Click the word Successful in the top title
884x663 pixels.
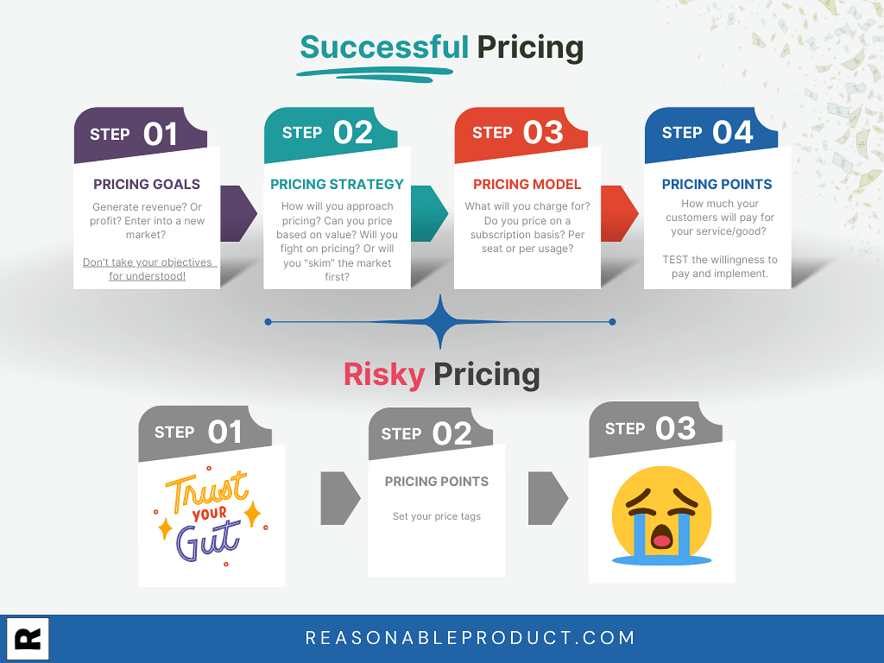pyautogui.click(x=384, y=47)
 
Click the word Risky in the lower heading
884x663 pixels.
pyautogui.click(x=384, y=375)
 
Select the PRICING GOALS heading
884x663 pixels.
pyautogui.click(x=147, y=185)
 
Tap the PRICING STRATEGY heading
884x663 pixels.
pyautogui.click(x=338, y=185)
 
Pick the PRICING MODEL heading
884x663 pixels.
pyautogui.click(x=527, y=185)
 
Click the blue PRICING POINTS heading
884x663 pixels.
pyautogui.click(x=717, y=185)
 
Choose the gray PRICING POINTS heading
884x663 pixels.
pyautogui.click(x=436, y=482)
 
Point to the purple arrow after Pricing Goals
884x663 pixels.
pyautogui.click(x=239, y=214)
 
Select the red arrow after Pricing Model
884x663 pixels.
pyautogui.click(x=620, y=214)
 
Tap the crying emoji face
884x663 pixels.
pyautogui.click(x=662, y=515)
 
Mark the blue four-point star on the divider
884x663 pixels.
pyautogui.click(x=440, y=322)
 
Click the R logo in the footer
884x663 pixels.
pyautogui.click(x=28, y=639)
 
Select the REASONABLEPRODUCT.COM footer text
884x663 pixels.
pyautogui.click(x=470, y=638)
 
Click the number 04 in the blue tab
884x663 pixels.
pyautogui.click(x=732, y=133)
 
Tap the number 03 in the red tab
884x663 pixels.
pyautogui.click(x=543, y=133)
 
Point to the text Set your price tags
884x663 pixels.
pyautogui.click(x=436, y=516)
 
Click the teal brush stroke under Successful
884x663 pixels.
pyautogui.click(x=375, y=74)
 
